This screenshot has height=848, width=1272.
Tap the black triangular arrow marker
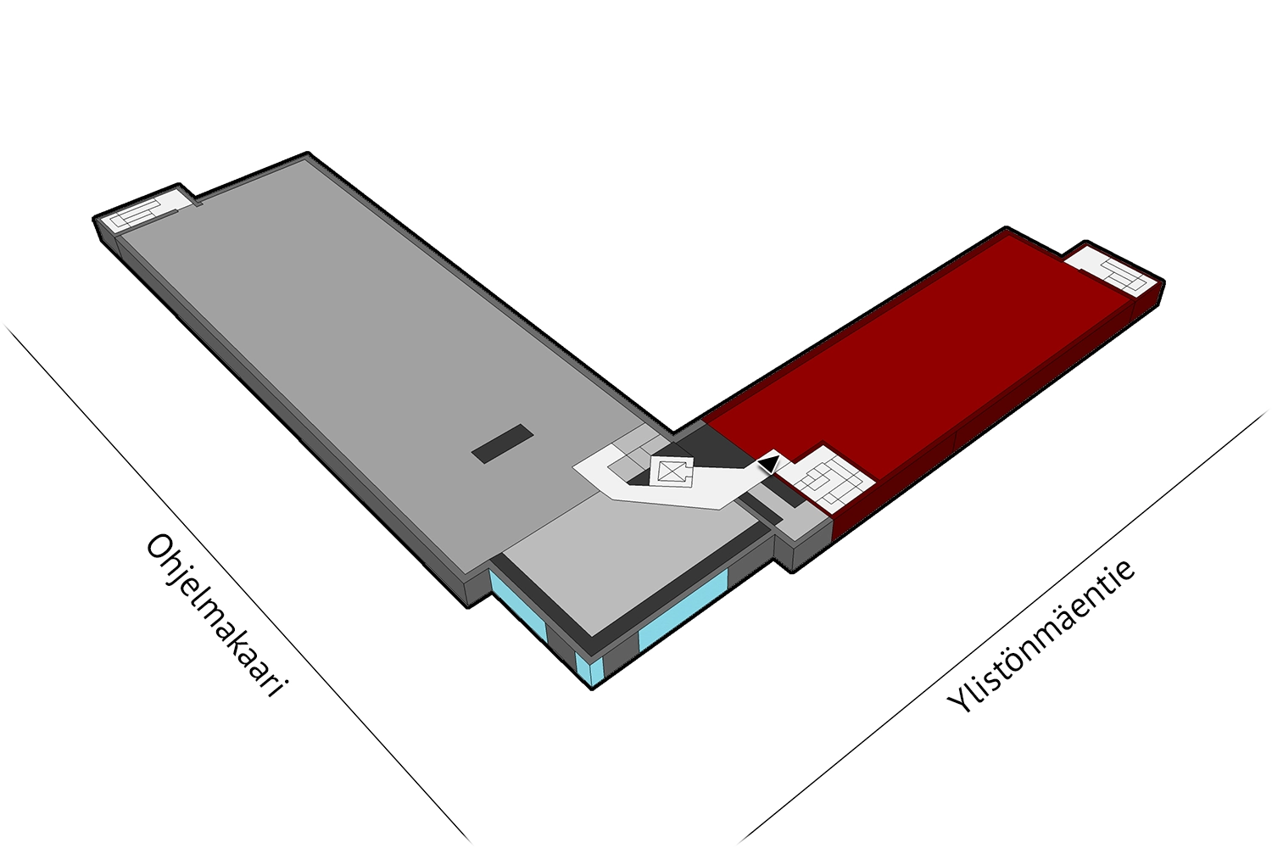click(x=768, y=464)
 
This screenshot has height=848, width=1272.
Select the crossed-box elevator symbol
click(x=672, y=471)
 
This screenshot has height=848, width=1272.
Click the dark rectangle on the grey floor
click(x=503, y=444)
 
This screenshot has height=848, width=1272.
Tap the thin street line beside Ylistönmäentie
click(x=1003, y=626)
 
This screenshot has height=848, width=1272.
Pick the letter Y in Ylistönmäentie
click(x=960, y=700)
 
